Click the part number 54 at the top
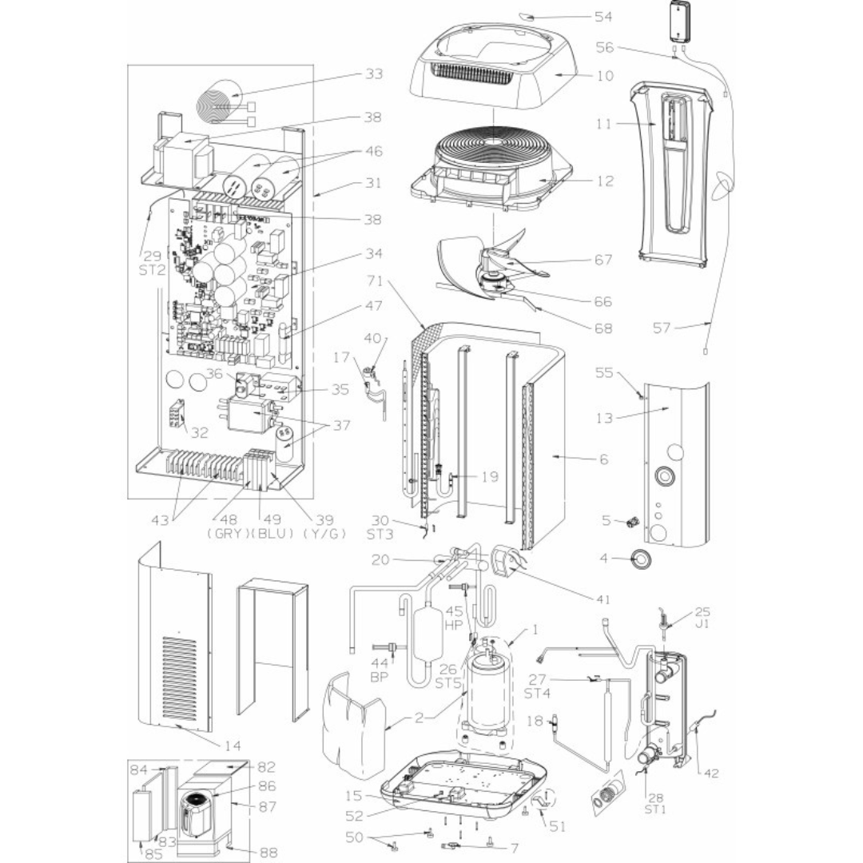coord(604,16)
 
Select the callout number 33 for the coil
coord(372,74)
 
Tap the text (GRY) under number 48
coord(222,532)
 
